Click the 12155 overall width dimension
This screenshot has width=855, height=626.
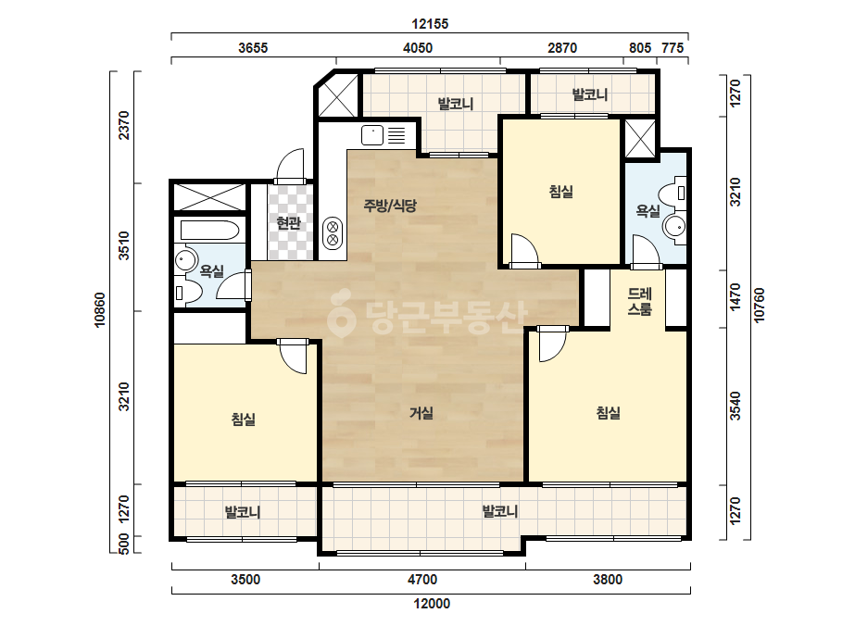(x=430, y=24)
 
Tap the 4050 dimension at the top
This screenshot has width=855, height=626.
(x=418, y=48)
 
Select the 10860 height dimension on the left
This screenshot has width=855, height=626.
(x=100, y=309)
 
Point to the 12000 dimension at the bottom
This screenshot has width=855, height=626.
(x=432, y=604)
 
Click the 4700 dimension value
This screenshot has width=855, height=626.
(x=422, y=579)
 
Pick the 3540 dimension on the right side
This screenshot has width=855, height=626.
(x=736, y=407)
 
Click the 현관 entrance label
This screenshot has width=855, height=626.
(x=288, y=222)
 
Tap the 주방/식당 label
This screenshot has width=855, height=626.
(x=390, y=206)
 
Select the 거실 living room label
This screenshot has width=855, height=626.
(x=421, y=413)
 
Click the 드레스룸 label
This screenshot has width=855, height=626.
(x=639, y=302)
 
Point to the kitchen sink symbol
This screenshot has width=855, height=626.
(x=372, y=134)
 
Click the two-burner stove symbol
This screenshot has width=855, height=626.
(x=333, y=232)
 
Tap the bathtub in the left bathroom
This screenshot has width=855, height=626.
(x=209, y=231)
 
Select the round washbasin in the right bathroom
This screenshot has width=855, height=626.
(x=674, y=225)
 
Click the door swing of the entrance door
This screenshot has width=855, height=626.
(x=290, y=165)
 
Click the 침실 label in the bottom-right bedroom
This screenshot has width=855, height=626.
(x=608, y=413)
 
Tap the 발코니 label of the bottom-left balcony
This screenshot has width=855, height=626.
(x=243, y=513)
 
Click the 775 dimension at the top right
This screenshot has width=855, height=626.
(x=673, y=48)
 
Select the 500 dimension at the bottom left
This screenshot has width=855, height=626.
(x=124, y=544)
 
